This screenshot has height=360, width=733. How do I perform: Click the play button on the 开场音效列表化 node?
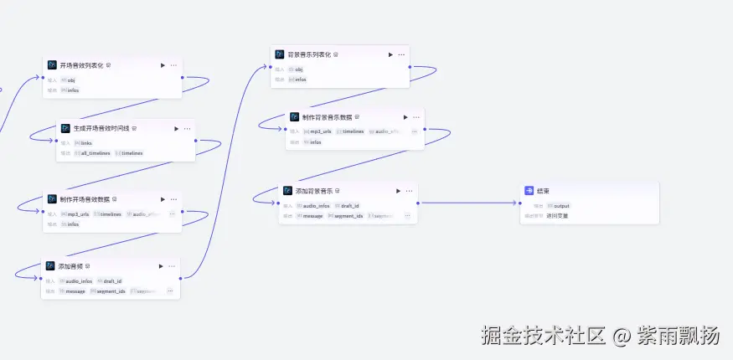coord(163,64)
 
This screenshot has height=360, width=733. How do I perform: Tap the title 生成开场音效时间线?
coord(94,129)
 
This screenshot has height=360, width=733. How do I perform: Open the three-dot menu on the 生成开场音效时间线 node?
coord(187,129)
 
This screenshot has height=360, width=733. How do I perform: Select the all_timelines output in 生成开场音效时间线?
coord(95,153)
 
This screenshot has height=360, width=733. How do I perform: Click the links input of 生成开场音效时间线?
coord(86,143)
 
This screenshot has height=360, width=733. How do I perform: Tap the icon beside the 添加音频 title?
coord(50,266)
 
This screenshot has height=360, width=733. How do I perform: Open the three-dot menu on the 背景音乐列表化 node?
coord(402,54)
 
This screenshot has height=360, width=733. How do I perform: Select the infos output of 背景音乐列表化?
coord(300,80)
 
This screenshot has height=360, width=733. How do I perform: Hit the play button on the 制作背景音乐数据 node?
coord(405,117)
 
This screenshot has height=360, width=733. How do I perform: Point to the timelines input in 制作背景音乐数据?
coord(353,131)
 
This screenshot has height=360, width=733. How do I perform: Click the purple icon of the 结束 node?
coord(529,191)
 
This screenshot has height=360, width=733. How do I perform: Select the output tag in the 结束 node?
coord(561,206)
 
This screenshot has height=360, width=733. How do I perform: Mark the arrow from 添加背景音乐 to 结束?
coord(469,203)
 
